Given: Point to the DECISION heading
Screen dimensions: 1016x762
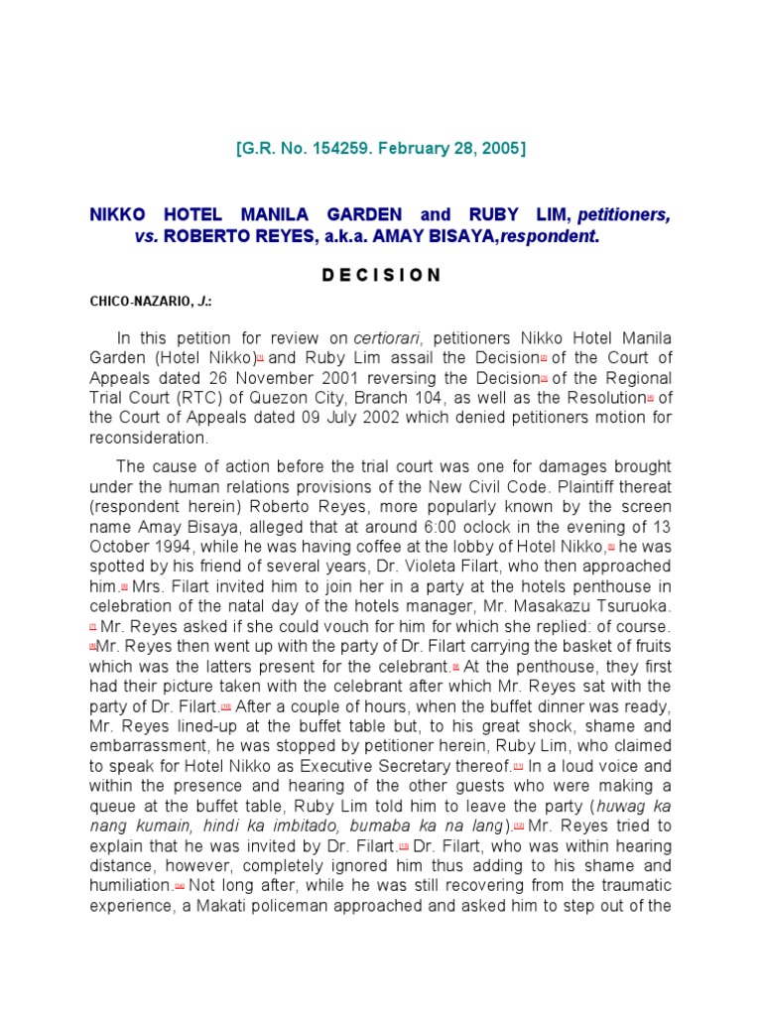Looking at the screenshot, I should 381,275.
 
